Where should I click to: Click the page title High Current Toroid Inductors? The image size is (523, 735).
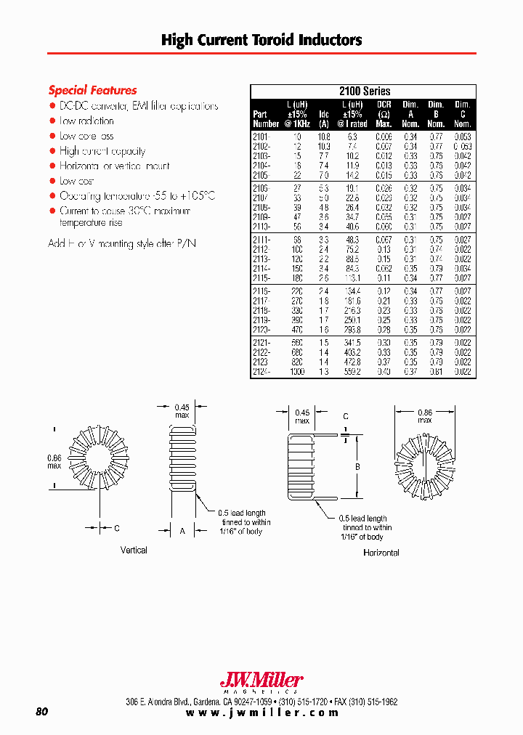(261, 40)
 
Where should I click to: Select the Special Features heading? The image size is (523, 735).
(92, 91)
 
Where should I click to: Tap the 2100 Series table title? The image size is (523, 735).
(364, 92)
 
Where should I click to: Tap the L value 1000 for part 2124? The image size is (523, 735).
(297, 372)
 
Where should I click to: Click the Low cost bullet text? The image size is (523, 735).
(77, 181)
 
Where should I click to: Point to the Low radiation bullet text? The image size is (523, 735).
(86, 121)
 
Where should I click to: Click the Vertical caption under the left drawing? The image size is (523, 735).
(134, 551)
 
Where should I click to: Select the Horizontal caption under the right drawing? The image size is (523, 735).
(381, 553)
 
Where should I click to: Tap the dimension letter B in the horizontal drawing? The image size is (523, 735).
(357, 468)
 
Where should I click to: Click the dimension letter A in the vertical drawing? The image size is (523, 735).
(182, 531)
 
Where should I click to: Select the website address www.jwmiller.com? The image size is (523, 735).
(262, 713)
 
